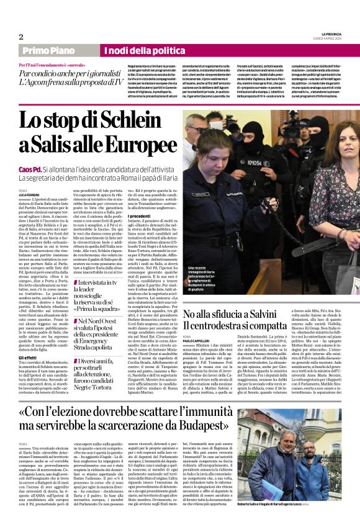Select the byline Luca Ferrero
[30, 194]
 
